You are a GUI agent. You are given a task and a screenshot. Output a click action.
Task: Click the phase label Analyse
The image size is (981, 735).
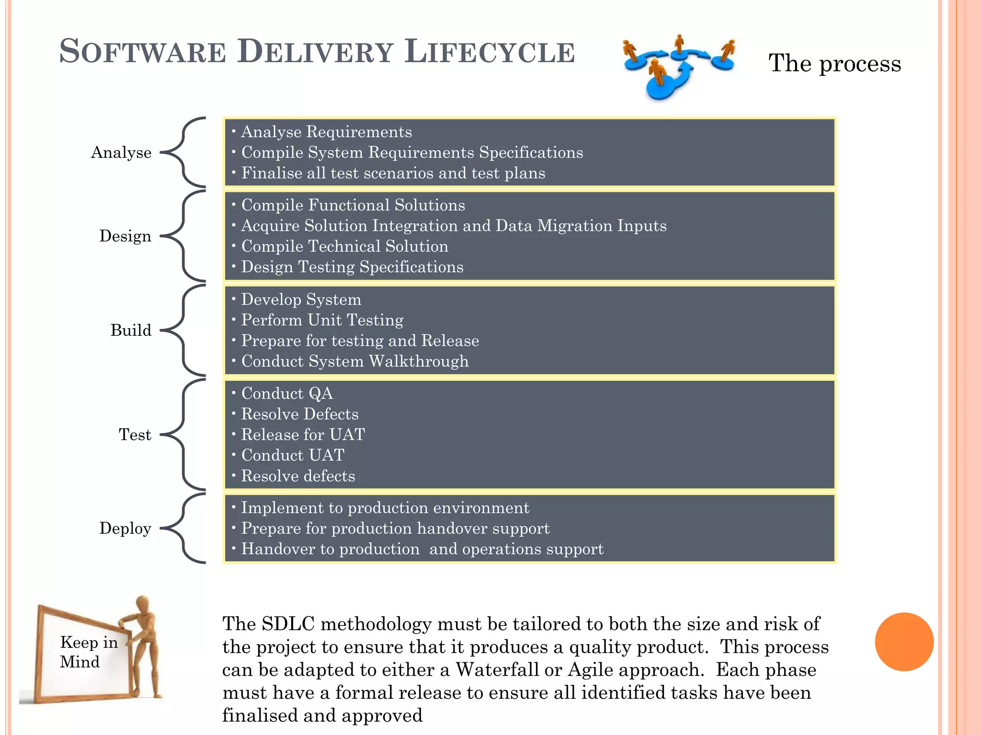point(121,152)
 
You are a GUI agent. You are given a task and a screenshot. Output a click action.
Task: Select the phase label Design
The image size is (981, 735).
point(125,236)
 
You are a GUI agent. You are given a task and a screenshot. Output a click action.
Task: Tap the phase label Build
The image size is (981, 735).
point(130,330)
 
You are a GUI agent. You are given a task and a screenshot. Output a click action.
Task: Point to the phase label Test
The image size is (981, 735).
point(135,434)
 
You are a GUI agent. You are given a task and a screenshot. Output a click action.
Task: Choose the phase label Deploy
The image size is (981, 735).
point(125,528)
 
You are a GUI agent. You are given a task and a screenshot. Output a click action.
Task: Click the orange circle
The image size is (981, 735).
point(904,642)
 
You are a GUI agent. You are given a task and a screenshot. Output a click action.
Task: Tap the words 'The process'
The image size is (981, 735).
point(834,63)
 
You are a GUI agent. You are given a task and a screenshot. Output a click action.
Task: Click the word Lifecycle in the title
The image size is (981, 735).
point(489,52)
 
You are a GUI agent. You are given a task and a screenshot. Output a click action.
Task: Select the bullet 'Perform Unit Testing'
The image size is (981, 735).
point(322,320)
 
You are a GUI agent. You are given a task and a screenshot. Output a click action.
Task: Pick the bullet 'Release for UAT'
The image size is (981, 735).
point(303,434)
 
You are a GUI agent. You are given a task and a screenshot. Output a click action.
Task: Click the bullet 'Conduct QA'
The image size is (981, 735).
point(287,393)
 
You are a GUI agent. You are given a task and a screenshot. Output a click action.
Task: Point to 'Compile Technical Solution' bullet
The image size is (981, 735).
point(344,246)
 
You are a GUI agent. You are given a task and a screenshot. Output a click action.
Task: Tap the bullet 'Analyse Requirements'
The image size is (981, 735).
point(326,132)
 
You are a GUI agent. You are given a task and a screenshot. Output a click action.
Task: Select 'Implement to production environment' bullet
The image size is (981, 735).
point(385,508)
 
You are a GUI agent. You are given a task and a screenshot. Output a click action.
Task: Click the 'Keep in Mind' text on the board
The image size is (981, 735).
point(88,652)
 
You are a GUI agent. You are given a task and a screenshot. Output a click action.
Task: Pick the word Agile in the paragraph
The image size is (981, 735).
point(594,669)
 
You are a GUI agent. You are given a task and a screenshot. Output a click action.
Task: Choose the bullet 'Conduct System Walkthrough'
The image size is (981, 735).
point(354,361)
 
